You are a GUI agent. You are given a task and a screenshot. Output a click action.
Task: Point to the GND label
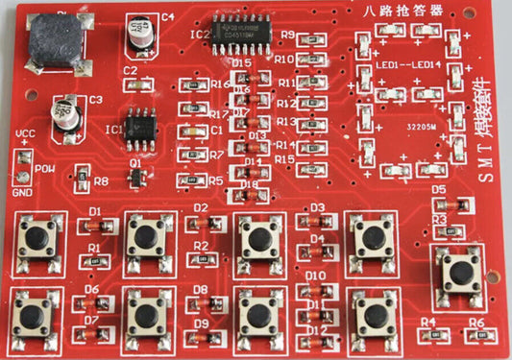pos(21,192)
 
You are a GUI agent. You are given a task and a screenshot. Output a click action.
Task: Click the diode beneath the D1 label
pos(95,226)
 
